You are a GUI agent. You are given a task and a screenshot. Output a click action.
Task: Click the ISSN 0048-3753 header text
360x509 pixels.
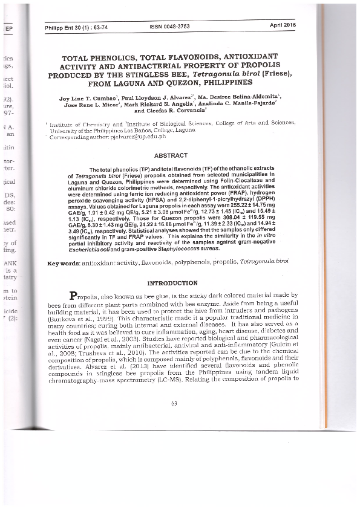(x=169, y=27)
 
